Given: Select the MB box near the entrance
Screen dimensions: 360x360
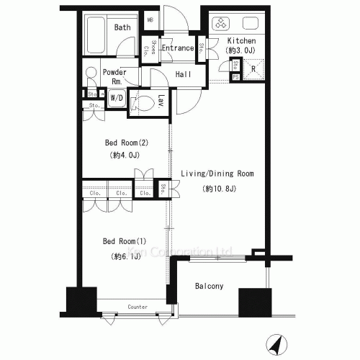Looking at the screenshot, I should [x=150, y=21].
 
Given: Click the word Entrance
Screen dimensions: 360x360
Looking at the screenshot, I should [x=177, y=48].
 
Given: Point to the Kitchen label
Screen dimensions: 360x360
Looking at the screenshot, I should [x=241, y=41].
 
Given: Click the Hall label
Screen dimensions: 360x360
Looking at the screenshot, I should [x=183, y=74].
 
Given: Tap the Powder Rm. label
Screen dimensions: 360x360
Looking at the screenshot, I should [x=114, y=76].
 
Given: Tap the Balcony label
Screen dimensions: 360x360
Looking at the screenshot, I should [x=209, y=286].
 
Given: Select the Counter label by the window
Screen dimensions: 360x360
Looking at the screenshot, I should [x=138, y=307].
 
